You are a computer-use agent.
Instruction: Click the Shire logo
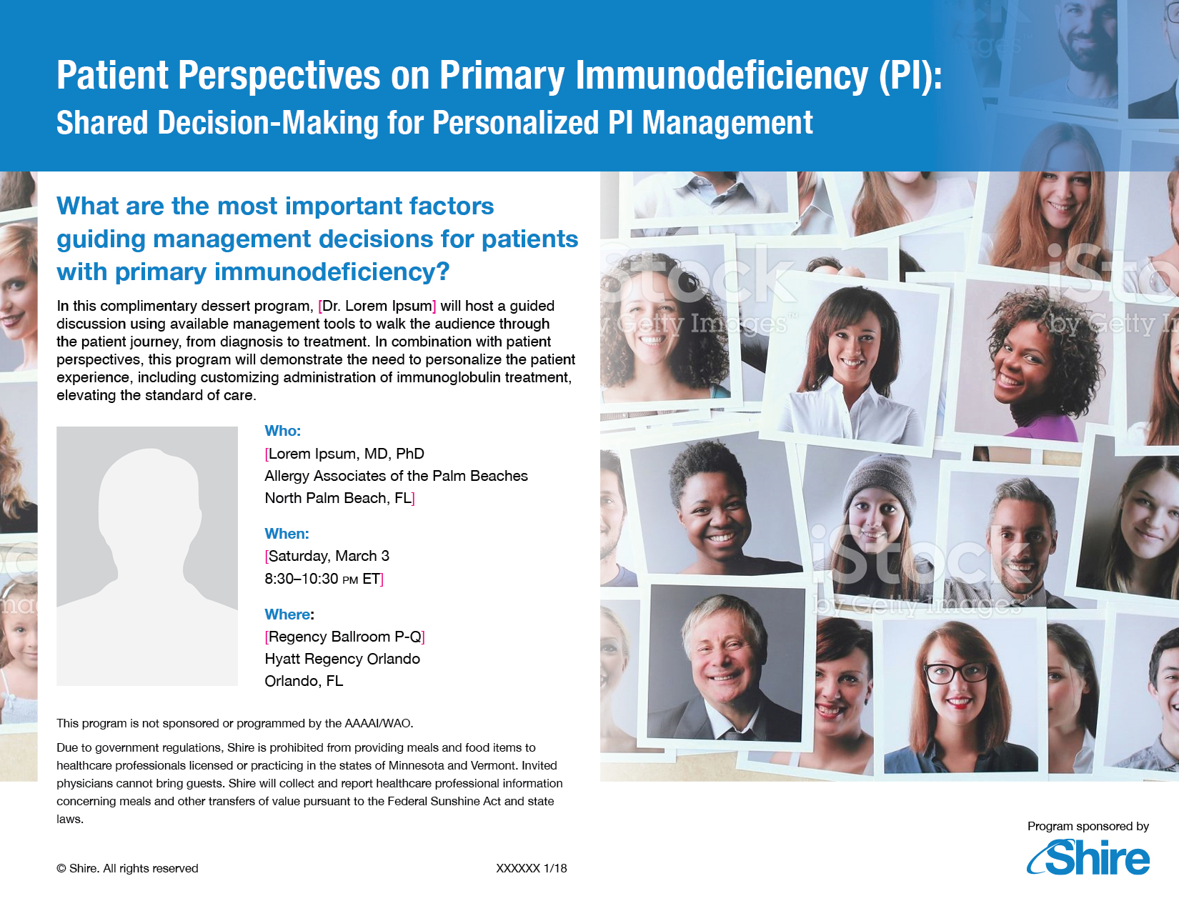point(1088,857)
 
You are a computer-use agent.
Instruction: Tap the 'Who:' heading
point(283,431)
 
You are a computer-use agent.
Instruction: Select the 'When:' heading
point(287,534)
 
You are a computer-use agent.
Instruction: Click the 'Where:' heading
point(289,614)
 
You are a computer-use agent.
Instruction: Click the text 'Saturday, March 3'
point(329,556)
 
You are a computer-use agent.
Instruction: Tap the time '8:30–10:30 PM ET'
point(322,579)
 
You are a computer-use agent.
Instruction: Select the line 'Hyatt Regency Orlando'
point(342,659)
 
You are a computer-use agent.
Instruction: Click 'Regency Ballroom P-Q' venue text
point(345,637)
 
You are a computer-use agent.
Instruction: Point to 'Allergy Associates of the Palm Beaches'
point(396,476)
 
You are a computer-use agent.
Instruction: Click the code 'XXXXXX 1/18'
point(532,868)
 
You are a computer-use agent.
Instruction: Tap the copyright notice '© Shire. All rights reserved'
point(127,868)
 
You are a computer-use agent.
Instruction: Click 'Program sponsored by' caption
point(1088,826)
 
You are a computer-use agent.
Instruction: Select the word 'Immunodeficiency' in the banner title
point(722,75)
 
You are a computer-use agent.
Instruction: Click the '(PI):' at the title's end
point(911,76)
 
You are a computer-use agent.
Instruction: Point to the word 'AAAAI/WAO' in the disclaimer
point(379,723)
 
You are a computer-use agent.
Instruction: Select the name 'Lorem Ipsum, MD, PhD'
point(346,454)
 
